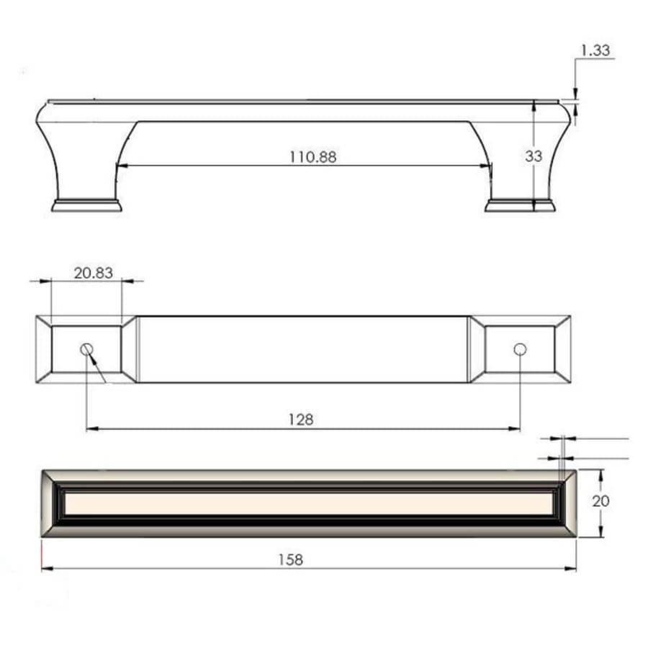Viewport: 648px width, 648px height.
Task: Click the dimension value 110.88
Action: (x=312, y=156)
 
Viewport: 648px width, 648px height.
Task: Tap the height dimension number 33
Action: (x=534, y=156)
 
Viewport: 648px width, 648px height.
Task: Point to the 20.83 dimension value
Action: (x=93, y=272)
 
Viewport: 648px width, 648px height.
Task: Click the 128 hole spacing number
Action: (x=301, y=419)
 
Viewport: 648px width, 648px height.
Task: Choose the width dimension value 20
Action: (x=600, y=501)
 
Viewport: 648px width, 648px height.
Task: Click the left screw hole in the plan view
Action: (x=86, y=349)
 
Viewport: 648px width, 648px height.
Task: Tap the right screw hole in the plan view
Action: (x=520, y=349)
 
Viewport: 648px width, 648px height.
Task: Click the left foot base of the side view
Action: (x=86, y=205)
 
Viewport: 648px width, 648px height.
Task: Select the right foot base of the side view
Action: (x=520, y=205)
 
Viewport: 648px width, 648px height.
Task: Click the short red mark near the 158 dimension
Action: (x=42, y=554)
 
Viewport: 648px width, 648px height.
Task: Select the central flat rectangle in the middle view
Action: (x=302, y=349)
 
